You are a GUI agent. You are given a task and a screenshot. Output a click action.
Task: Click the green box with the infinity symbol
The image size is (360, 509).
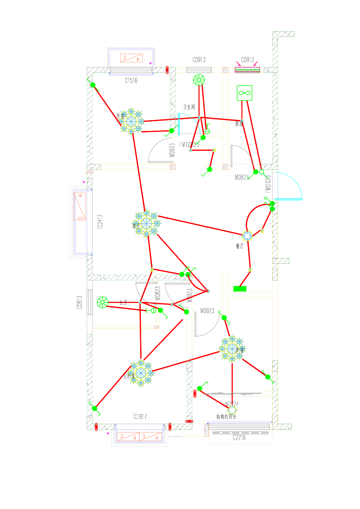click(x=244, y=93)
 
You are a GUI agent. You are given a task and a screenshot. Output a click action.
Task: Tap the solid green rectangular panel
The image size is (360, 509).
click(x=240, y=288)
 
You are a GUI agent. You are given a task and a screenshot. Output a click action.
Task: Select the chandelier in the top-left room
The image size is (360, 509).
click(x=131, y=121)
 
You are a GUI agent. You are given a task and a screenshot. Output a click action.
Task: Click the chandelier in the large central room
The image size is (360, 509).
click(x=146, y=223)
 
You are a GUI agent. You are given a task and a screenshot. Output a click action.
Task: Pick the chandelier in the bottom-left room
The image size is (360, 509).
click(x=141, y=373)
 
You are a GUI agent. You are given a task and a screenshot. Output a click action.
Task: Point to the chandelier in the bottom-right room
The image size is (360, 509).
click(x=232, y=349)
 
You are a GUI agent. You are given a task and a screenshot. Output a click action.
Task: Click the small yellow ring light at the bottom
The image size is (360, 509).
click(x=232, y=410)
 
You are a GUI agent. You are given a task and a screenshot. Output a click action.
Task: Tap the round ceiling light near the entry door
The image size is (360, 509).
click(x=247, y=236)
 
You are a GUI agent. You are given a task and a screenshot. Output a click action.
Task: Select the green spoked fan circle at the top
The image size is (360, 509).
click(x=199, y=80)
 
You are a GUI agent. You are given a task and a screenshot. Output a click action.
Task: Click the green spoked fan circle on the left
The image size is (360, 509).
click(x=103, y=302)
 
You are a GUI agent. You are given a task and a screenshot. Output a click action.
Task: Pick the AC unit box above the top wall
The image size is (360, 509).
click(x=131, y=58)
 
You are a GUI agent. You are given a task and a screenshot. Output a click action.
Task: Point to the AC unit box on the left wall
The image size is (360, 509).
click(x=80, y=206)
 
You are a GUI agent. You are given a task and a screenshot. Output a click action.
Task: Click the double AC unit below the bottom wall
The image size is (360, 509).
click(x=139, y=436)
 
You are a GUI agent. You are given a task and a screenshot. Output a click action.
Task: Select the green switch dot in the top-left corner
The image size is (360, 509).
click(x=93, y=85)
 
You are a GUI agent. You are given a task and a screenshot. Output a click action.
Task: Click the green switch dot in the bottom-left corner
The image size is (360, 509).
click(x=95, y=409)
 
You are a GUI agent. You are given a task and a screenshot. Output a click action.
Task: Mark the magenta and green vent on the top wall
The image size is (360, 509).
click(x=247, y=69)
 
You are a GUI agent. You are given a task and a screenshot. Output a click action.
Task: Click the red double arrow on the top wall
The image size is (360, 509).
click(x=167, y=69)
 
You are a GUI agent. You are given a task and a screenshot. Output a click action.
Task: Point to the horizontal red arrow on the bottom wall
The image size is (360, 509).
click(x=189, y=421)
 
